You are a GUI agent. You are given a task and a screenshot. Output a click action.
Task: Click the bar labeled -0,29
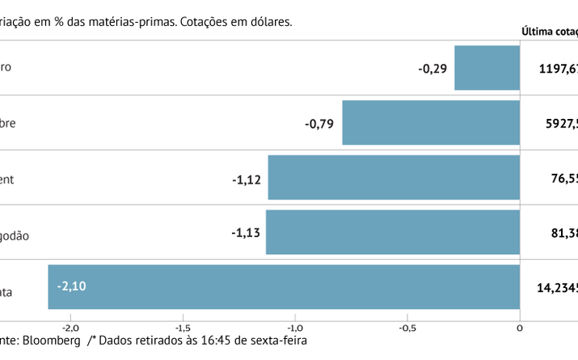(x=487, y=68)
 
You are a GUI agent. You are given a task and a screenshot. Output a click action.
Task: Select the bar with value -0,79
(x=431, y=123)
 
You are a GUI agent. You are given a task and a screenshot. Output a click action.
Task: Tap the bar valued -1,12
(x=394, y=178)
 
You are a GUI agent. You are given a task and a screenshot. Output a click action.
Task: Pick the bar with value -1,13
(x=392, y=232)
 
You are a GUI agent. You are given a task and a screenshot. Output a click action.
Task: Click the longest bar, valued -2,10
(x=284, y=287)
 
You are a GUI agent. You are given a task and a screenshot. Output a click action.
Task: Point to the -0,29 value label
(x=432, y=69)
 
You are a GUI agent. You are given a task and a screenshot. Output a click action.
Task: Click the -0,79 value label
(x=319, y=124)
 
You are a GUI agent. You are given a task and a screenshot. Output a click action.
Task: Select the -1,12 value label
(x=245, y=179)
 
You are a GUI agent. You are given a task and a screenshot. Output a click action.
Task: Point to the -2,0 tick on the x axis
(x=70, y=327)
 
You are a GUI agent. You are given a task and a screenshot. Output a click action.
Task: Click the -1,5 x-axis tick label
(x=183, y=327)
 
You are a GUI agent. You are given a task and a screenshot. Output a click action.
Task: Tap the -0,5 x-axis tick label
(x=407, y=327)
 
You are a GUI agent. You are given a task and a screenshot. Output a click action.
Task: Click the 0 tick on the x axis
(x=519, y=327)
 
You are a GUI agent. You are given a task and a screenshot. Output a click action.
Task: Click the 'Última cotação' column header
(x=550, y=32)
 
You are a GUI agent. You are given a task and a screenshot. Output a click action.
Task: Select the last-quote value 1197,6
(x=558, y=69)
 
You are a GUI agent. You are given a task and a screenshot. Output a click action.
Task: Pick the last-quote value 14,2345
(x=557, y=287)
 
